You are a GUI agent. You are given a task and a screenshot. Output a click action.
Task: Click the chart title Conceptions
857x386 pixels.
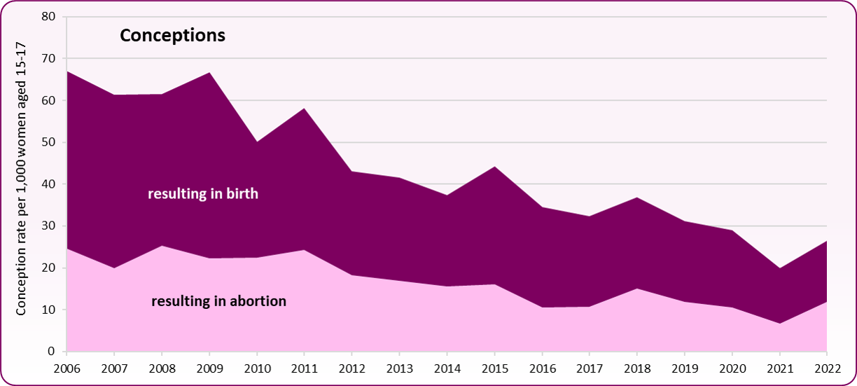172,36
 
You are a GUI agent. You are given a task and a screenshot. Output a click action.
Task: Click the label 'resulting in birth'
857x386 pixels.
203,194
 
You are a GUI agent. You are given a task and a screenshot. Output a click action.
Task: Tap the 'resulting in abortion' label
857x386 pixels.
218,301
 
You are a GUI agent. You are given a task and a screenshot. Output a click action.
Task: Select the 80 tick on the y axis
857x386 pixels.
49,17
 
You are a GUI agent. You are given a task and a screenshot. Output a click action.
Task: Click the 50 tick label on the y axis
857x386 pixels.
49,142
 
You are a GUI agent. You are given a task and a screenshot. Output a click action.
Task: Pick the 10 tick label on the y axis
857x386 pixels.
49,310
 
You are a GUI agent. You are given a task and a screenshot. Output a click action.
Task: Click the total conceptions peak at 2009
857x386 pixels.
209,73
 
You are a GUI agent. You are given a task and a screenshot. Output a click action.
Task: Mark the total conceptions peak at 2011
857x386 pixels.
305,109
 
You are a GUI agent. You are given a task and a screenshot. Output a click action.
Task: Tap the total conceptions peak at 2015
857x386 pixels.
495,167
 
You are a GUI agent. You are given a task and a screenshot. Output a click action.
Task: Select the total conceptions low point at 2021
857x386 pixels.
780,268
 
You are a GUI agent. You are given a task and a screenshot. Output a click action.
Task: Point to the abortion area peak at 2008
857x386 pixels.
162,246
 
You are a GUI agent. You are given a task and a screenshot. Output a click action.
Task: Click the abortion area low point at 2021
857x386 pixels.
780,323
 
